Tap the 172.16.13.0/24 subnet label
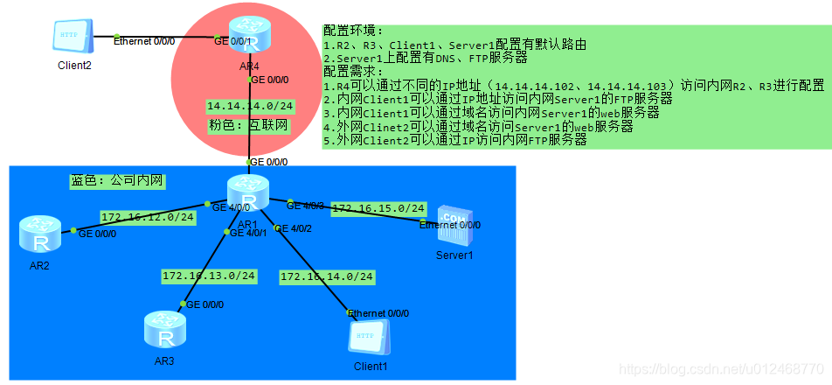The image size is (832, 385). pyautogui.click(x=208, y=276)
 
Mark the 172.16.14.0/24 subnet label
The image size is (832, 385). pyautogui.click(x=326, y=276)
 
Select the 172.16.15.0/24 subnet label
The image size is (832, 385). pyautogui.click(x=378, y=208)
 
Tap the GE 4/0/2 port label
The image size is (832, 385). pyautogui.click(x=294, y=228)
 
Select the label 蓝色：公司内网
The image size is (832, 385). pyautogui.click(x=117, y=180)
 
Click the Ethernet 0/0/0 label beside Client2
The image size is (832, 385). pyautogui.click(x=144, y=40)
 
